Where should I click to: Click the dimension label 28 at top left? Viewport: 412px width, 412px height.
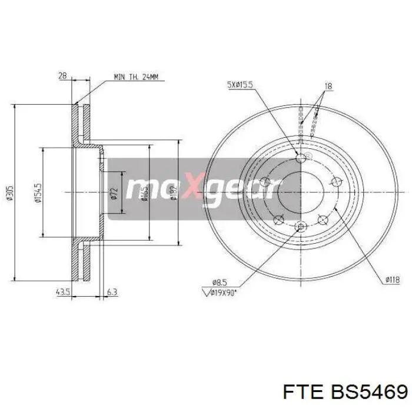[x=63, y=75]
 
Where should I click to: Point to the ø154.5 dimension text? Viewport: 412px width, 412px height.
[x=38, y=191]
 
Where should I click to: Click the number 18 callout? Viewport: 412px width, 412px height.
[x=328, y=86]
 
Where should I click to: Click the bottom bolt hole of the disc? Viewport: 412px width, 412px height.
[x=302, y=227]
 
